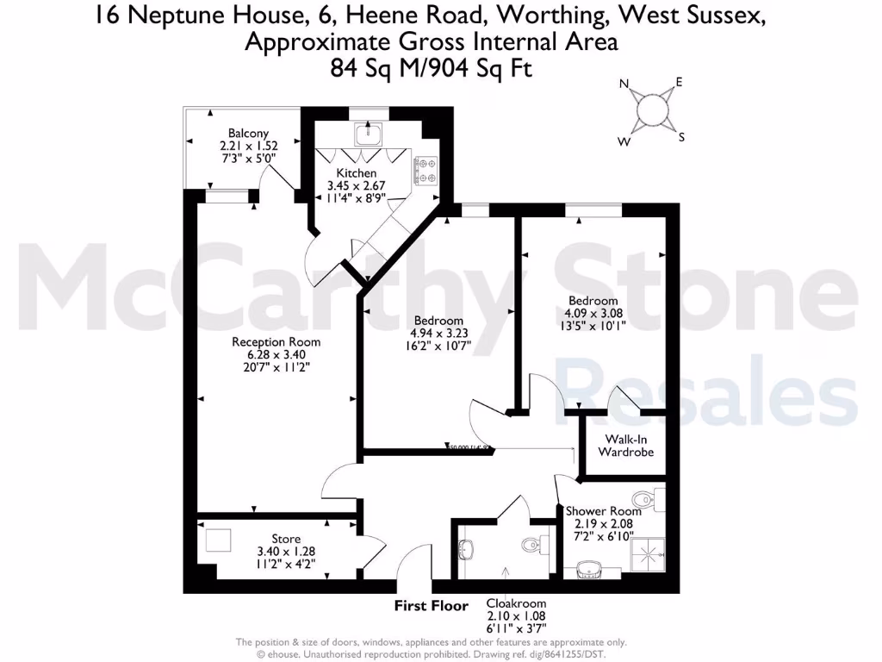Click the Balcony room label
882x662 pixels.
point(242,133)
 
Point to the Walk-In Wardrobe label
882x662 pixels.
point(625,446)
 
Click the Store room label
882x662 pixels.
point(286,539)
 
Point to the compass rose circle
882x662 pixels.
point(652,109)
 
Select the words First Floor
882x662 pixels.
point(431,605)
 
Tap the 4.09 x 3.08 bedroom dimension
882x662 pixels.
point(593,313)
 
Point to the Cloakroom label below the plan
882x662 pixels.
point(515,603)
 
